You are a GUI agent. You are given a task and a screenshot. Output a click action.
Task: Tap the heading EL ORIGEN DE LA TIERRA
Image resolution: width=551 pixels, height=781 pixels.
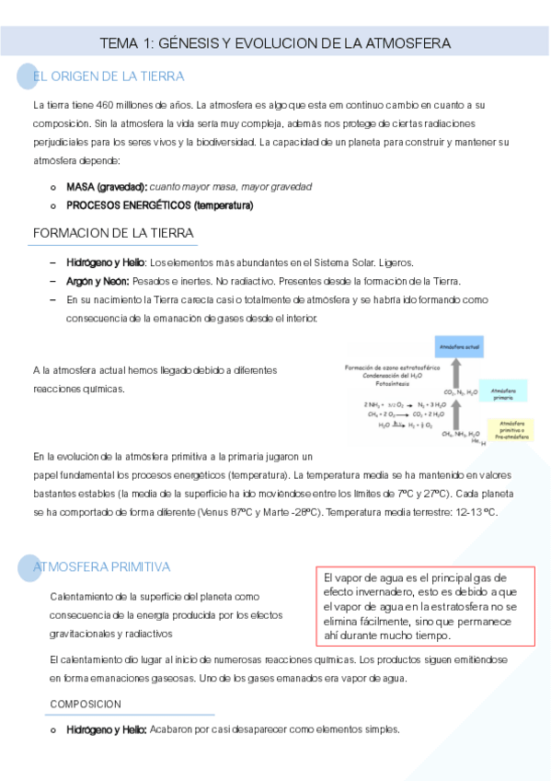pyautogui.click(x=109, y=76)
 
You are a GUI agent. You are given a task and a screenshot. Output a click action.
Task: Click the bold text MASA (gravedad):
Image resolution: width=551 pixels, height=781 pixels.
pyautogui.click(x=107, y=186)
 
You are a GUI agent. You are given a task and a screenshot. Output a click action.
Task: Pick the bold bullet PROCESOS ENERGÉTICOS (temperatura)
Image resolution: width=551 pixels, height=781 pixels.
pyautogui.click(x=159, y=204)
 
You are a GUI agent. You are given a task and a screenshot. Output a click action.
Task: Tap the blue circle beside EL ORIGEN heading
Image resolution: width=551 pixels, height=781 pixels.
pyautogui.click(x=29, y=77)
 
